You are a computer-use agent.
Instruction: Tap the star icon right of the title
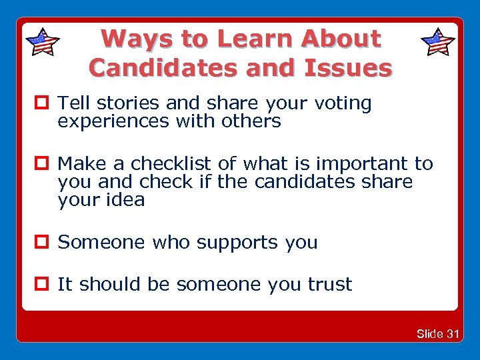(x=438, y=42)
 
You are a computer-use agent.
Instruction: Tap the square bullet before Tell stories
(x=44, y=104)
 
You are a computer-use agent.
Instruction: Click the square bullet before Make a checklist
(x=44, y=164)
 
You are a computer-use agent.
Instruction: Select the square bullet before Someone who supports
(x=44, y=243)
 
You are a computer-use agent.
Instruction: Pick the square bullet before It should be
(x=44, y=285)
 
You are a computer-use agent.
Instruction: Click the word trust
(x=329, y=285)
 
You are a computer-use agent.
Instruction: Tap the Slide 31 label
(x=437, y=333)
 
